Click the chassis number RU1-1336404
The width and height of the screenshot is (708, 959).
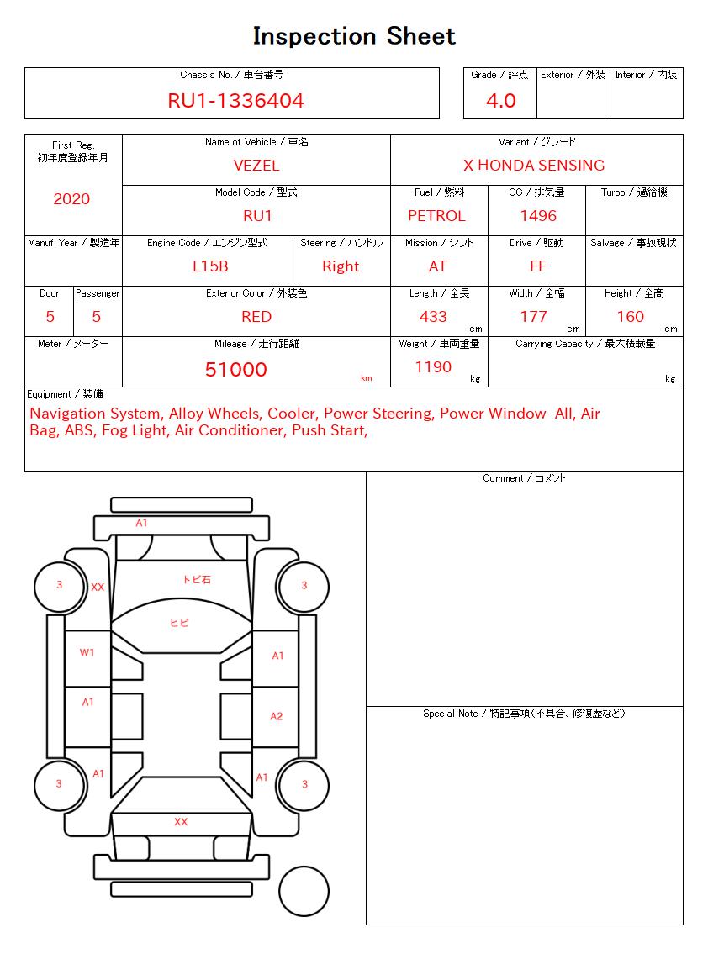(235, 101)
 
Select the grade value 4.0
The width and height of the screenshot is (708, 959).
(501, 101)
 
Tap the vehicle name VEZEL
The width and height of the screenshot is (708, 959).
(256, 166)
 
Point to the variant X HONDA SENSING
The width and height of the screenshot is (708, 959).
(534, 166)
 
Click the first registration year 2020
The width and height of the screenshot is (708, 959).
(71, 199)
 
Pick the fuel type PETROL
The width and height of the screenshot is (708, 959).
(436, 216)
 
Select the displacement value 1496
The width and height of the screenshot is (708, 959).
(538, 216)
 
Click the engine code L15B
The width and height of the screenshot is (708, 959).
(210, 266)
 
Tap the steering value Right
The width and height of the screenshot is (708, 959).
(341, 266)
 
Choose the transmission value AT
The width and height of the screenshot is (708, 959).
(437, 266)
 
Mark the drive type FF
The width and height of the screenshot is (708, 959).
(538, 266)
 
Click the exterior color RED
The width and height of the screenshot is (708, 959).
(256, 317)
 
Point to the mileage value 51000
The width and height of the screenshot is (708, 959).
(236, 370)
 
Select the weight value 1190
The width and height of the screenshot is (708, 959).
(433, 367)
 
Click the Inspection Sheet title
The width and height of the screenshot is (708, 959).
(354, 36)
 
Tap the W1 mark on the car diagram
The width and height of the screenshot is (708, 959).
(87, 652)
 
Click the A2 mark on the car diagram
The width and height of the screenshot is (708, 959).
(277, 717)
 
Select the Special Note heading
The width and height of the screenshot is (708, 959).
(524, 714)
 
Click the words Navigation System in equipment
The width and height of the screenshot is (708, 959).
(94, 414)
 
